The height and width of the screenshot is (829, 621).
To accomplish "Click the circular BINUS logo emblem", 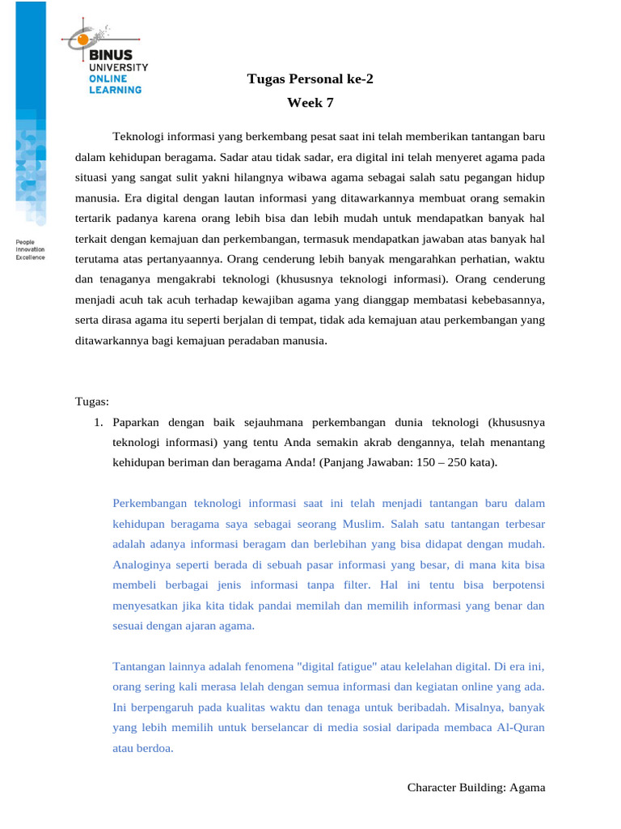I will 84,38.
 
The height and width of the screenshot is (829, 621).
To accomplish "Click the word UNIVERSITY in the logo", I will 118,67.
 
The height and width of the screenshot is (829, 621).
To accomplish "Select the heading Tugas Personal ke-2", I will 310,79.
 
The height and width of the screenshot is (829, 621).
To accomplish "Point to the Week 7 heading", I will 310,103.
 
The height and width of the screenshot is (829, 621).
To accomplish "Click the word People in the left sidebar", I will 25,242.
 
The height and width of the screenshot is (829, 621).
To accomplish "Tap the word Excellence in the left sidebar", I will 31,257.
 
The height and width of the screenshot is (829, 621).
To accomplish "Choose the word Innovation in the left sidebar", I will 31,250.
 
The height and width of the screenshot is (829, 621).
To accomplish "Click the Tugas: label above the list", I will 92,402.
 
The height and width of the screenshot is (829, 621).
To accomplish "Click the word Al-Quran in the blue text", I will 518,728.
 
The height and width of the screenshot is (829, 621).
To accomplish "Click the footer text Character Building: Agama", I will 475,787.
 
